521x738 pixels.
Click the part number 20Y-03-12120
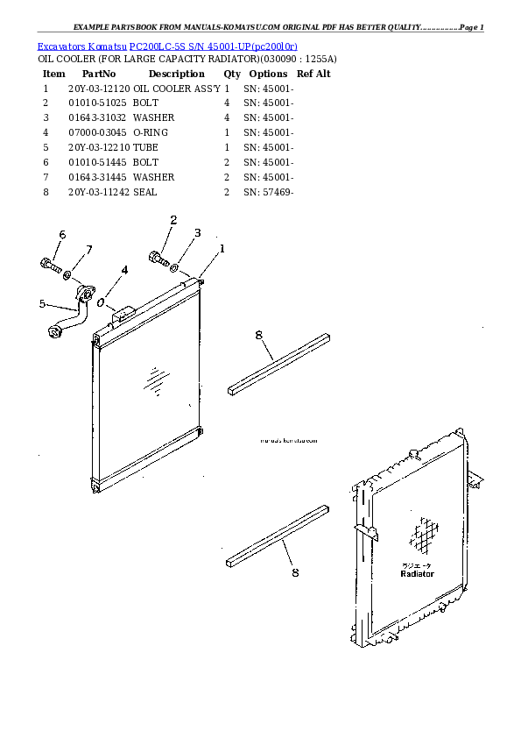click(99, 89)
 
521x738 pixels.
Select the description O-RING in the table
click(151, 132)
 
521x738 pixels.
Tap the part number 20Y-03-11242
click(99, 192)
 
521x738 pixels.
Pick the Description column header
click(176, 74)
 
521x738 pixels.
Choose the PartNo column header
click(99, 74)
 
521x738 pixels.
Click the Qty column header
click(232, 74)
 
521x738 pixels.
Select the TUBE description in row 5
click(145, 147)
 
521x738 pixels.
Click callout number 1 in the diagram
click(222, 248)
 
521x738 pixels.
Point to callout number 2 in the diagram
click(173, 220)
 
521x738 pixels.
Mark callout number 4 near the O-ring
click(123, 270)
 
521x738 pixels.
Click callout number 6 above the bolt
click(62, 234)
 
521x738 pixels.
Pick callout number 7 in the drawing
click(88, 252)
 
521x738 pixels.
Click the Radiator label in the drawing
click(417, 573)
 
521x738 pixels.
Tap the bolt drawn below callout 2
click(158, 259)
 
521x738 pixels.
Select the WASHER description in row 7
click(153, 177)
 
